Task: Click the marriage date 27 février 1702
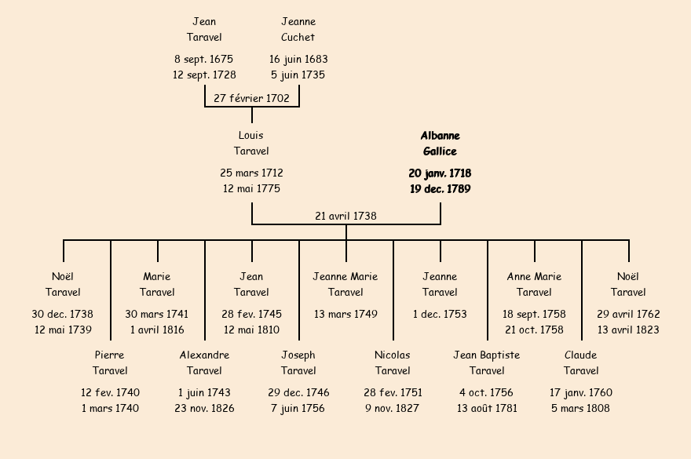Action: click(x=251, y=98)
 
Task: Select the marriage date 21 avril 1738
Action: click(x=345, y=216)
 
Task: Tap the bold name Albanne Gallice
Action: click(x=440, y=144)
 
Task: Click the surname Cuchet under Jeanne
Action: click(x=298, y=37)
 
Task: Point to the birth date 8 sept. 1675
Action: click(x=203, y=59)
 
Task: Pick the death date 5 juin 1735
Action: click(x=298, y=75)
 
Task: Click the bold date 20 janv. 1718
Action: click(x=440, y=173)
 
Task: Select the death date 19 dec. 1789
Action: click(x=440, y=189)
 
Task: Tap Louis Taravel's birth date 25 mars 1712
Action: click(x=251, y=173)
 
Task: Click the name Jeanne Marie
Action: click(x=345, y=276)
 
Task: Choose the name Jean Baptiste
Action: click(x=487, y=355)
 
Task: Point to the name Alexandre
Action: click(x=204, y=355)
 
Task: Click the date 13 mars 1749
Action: click(x=345, y=314)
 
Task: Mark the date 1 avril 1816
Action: click(x=157, y=330)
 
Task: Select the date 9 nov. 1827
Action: click(x=393, y=408)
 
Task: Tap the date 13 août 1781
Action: click(x=487, y=408)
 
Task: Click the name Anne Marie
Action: click(x=534, y=276)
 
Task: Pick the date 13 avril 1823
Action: click(x=628, y=330)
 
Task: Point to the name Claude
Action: click(x=581, y=355)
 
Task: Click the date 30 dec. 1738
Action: click(x=63, y=314)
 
